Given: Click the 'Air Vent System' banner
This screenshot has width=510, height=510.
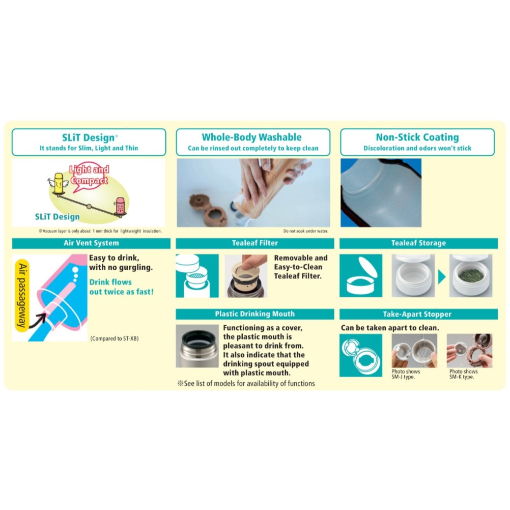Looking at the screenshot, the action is tap(91, 243).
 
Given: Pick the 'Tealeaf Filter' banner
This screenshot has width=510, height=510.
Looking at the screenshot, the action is tap(254, 243).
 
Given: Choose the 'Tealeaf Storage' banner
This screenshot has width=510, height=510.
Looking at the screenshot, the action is tap(418, 243).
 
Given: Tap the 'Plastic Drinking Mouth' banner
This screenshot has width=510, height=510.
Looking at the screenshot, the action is tap(254, 314).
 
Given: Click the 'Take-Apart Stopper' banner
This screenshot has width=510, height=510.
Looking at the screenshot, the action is tap(418, 314).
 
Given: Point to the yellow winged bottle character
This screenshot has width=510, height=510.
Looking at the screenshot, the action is tap(58, 184).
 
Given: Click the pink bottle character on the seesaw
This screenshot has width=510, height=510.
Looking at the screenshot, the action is tap(120, 207).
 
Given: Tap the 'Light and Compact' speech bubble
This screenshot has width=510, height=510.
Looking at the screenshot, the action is tap(89, 176).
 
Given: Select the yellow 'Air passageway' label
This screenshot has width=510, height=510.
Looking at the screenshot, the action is tap(22, 295).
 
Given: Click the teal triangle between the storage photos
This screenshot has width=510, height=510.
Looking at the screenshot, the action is tap(442, 277).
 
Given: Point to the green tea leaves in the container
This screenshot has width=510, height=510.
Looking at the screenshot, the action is tap(471, 275).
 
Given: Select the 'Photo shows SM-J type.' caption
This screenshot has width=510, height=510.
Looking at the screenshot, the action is tap(406, 374).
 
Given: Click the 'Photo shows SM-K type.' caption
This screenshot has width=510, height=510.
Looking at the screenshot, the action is tap(464, 374).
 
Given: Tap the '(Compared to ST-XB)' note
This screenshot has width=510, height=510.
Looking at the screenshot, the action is tap(115, 338).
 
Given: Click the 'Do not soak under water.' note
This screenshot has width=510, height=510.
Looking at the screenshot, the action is tap(306, 231).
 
